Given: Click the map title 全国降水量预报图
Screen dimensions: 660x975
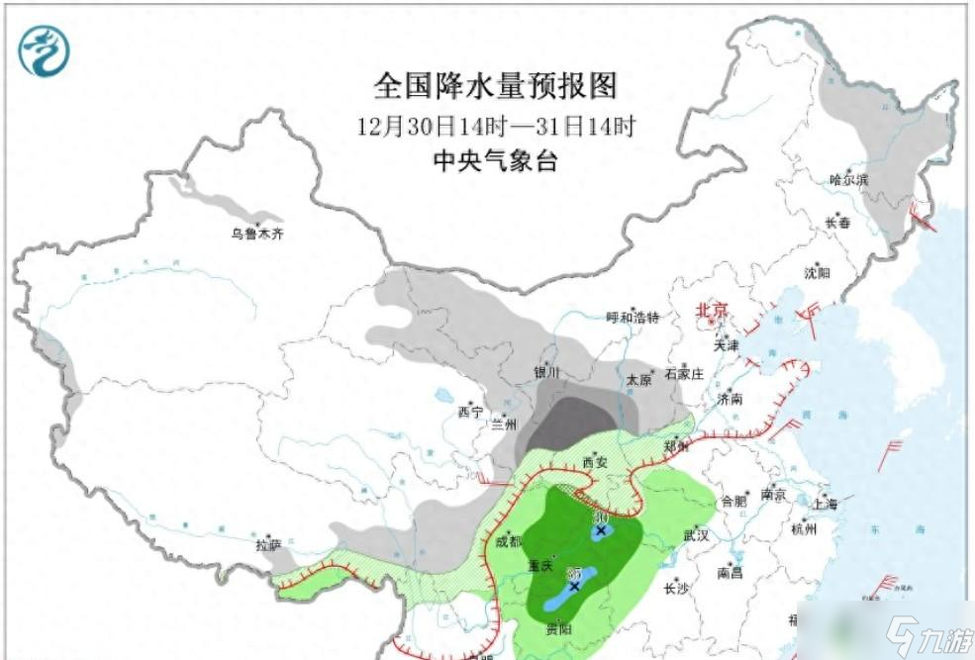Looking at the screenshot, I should click(x=495, y=86).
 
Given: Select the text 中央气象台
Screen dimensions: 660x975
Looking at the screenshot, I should click(x=495, y=161).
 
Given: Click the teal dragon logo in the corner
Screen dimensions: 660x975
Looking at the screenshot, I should click(x=46, y=50).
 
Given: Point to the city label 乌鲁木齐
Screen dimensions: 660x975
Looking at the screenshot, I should click(x=257, y=235).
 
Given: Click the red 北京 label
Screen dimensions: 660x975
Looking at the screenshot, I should click(x=712, y=310).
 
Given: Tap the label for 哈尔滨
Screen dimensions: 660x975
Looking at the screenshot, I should click(x=848, y=179).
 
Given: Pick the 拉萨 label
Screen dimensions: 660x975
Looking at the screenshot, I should click(x=268, y=544).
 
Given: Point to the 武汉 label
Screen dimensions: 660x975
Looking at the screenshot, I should click(x=696, y=535).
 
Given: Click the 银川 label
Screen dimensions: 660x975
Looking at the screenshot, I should click(x=546, y=372).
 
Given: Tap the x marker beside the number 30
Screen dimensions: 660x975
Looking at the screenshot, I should click(x=600, y=530).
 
